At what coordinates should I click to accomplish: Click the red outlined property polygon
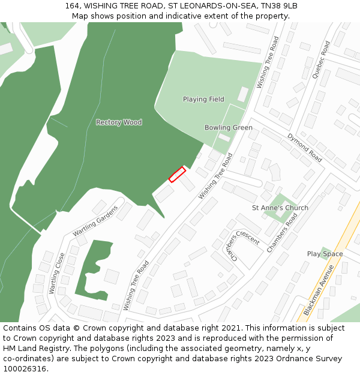[x=177, y=174]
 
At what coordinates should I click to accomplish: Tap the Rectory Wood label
[x=119, y=122]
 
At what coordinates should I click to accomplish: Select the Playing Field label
[x=203, y=99]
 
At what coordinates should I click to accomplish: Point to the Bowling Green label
[x=228, y=128]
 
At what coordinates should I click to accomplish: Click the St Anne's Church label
[x=280, y=208]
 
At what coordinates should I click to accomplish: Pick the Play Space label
[x=325, y=254]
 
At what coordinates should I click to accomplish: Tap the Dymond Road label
[x=305, y=148]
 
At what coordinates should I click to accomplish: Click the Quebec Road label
[x=321, y=60]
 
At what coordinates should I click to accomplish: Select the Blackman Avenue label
[x=318, y=290]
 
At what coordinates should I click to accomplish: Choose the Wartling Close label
[x=57, y=273]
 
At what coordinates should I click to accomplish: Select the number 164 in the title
[x=72, y=6]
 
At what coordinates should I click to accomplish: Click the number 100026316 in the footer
[x=24, y=368]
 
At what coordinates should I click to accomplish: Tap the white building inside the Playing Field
[x=242, y=94]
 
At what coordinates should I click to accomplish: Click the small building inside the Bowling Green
[x=224, y=137]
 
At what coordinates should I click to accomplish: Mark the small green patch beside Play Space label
[x=326, y=249]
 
